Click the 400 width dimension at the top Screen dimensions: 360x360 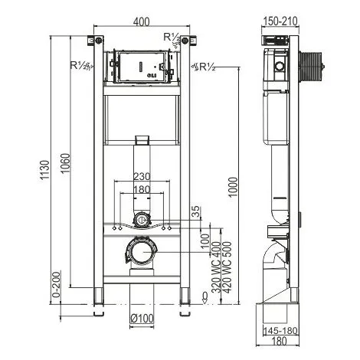tap(142, 21)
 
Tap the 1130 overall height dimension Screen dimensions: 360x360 tap(44, 171)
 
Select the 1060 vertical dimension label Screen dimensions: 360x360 tap(66, 163)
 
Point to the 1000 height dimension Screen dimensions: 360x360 tap(233, 187)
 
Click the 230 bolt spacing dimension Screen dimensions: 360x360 tap(142, 176)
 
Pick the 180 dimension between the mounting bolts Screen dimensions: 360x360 tap(142, 189)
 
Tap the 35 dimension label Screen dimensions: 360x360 tap(196, 211)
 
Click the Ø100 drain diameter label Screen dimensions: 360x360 tap(142, 319)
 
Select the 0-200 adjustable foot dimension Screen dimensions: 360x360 tap(56, 284)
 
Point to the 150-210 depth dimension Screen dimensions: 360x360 tap(280, 21)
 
